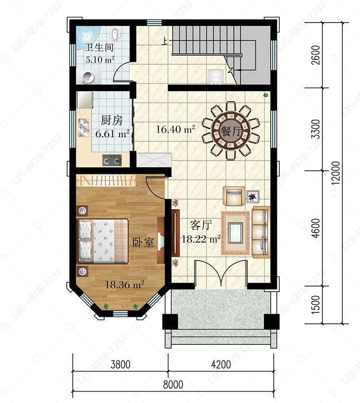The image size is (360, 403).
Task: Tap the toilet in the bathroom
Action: [116, 35]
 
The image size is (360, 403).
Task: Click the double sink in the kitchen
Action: [84, 128]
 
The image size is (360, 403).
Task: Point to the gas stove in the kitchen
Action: [112, 160]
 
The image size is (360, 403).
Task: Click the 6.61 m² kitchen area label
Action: [112, 134]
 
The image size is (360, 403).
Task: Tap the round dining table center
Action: [231, 131]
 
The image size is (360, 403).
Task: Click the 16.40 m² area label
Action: [175, 129]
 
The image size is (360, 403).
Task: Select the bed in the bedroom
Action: [103, 241]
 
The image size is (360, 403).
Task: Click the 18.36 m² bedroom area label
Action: [125, 284]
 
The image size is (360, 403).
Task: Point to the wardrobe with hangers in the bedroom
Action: [106, 180]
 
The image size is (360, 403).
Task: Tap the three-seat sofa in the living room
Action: [261, 232]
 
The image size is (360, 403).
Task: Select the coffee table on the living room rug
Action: [236, 233]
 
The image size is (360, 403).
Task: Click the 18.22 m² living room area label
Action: [201, 239]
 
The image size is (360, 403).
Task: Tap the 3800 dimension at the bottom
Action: [120, 365]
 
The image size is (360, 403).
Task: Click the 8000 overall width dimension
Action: [173, 385]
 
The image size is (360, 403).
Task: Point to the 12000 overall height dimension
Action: [336, 173]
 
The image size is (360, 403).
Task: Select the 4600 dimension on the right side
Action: [316, 228]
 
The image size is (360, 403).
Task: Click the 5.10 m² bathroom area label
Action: [100, 60]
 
